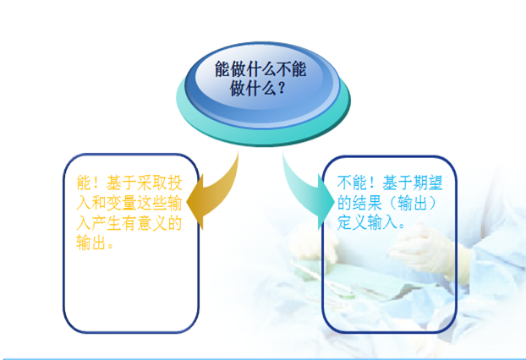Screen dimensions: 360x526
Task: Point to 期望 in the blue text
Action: tap(423, 183)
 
